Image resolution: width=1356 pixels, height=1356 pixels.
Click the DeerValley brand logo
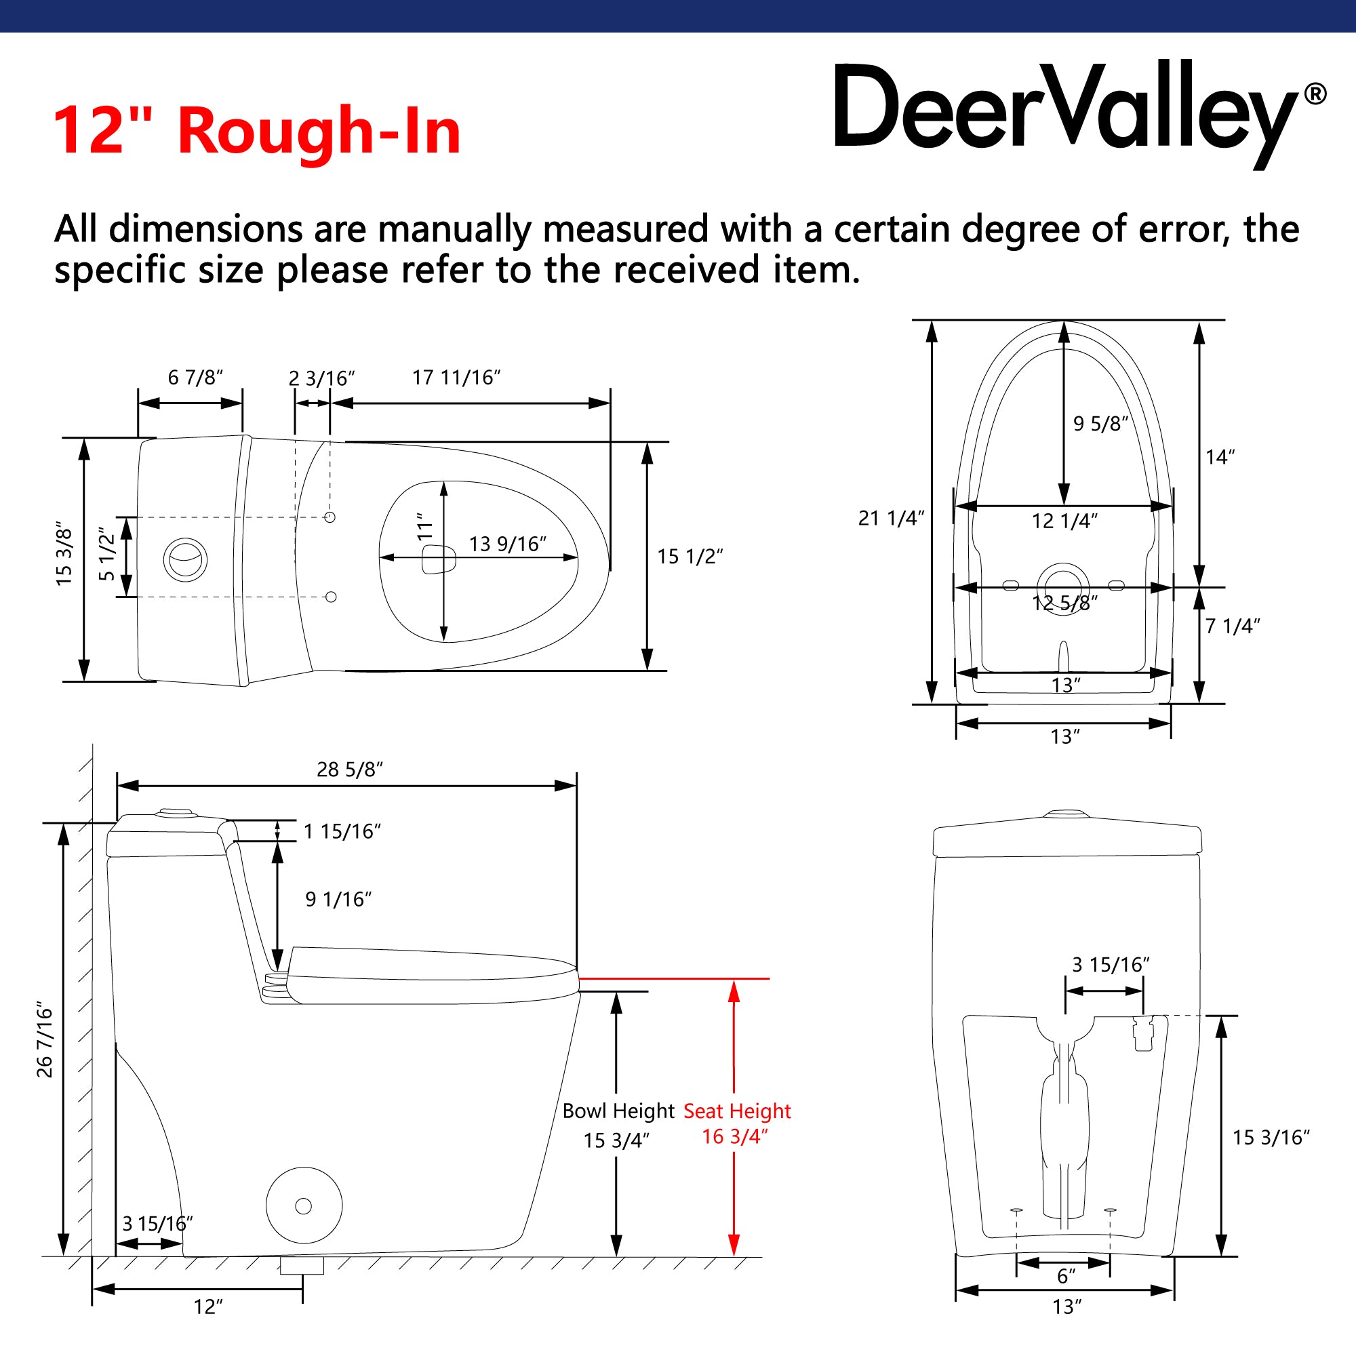(1080, 115)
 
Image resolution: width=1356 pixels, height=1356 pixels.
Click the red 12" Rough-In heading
(257, 131)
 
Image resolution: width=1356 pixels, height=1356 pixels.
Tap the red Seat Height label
(737, 1111)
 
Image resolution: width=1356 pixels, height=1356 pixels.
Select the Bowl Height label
(618, 1111)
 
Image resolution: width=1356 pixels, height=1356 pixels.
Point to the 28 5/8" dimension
(350, 770)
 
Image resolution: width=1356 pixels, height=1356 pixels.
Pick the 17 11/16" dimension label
(456, 378)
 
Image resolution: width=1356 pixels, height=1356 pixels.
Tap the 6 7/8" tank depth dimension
(195, 378)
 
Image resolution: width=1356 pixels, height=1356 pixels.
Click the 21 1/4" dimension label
(892, 518)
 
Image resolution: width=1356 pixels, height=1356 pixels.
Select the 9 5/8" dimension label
(1100, 424)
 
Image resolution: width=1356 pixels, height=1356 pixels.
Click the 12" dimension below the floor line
(208, 1307)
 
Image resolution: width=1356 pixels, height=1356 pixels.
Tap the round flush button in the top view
(186, 559)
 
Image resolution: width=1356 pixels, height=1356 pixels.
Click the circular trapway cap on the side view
(304, 1205)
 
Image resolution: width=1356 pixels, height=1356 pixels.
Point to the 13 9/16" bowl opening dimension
(507, 544)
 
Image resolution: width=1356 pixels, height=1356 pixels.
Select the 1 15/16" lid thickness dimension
(342, 832)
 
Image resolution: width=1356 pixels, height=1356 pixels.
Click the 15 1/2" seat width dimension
(690, 557)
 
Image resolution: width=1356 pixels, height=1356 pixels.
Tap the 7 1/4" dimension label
(1233, 626)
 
